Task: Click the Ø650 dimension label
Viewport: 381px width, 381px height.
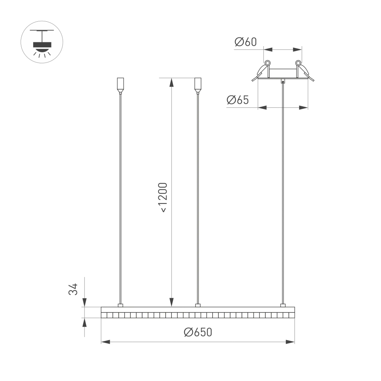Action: [197, 332]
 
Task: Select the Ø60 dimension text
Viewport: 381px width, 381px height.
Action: [246, 42]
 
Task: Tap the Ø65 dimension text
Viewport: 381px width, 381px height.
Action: [238, 100]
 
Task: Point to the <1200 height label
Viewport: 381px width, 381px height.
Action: [163, 197]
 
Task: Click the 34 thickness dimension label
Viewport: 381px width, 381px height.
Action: [73, 289]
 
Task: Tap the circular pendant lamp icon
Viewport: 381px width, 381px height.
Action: [42, 42]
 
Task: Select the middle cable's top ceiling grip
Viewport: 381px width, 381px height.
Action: [197, 85]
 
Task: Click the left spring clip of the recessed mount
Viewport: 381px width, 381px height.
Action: [262, 70]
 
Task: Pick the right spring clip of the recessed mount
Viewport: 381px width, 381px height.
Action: [304, 70]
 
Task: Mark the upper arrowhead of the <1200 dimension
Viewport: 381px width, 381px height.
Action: [171, 82]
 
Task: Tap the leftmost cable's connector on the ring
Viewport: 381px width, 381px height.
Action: [120, 305]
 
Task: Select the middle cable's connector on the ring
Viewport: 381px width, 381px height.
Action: [197, 305]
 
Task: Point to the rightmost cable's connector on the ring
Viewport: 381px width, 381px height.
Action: [282, 305]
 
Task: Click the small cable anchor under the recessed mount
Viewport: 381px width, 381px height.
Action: [282, 81]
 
